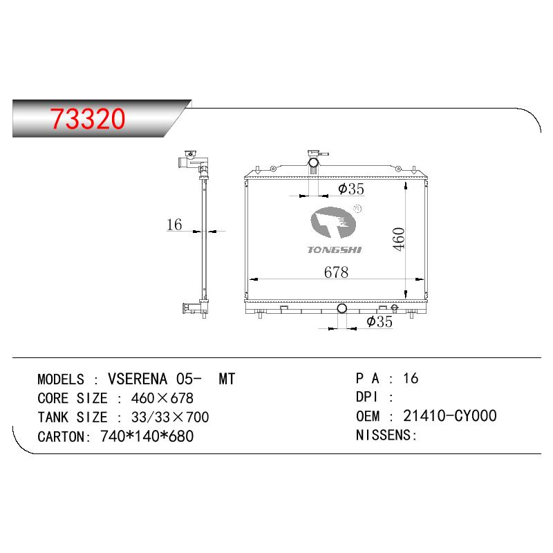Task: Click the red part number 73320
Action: point(88,118)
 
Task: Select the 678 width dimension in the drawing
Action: point(336,272)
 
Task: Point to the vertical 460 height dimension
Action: point(399,239)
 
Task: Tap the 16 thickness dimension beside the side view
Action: point(174,225)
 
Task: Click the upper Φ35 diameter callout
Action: point(351,189)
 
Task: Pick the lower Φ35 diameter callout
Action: point(379,321)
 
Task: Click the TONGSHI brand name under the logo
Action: point(335,250)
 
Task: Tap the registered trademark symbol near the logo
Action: point(357,209)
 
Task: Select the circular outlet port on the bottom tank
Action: point(341,308)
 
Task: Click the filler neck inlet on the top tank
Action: point(314,163)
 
